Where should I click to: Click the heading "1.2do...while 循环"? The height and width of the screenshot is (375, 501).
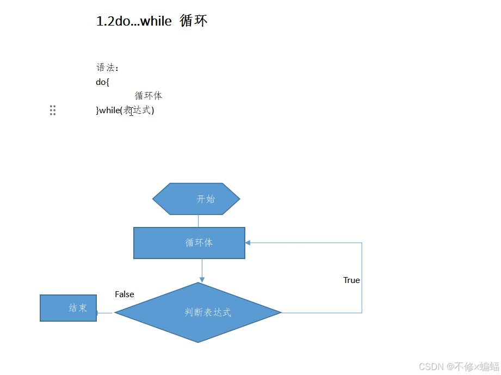151,21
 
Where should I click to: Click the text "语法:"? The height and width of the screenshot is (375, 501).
107,67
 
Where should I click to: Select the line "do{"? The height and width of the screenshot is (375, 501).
103,82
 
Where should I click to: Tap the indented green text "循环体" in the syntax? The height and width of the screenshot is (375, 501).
149,96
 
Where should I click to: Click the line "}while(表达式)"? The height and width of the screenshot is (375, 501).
125,110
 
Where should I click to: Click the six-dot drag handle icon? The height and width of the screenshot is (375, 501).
53,110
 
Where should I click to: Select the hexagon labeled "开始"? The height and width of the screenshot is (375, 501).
196,199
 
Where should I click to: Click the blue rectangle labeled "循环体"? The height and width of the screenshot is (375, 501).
189,243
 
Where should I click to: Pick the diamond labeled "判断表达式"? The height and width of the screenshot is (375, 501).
198,312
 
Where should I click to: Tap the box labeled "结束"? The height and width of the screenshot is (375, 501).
68,308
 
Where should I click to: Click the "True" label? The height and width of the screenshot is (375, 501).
351,280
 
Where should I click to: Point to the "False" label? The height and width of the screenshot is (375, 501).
125,294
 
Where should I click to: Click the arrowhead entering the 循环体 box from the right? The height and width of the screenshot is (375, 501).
248,243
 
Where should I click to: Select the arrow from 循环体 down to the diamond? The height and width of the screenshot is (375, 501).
202,270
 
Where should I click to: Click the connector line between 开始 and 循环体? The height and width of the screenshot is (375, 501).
199,221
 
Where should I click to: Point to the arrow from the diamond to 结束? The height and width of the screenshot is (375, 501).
105,313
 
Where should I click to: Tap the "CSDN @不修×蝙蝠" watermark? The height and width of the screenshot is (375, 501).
459,366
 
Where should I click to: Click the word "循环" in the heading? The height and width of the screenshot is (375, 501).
193,21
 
